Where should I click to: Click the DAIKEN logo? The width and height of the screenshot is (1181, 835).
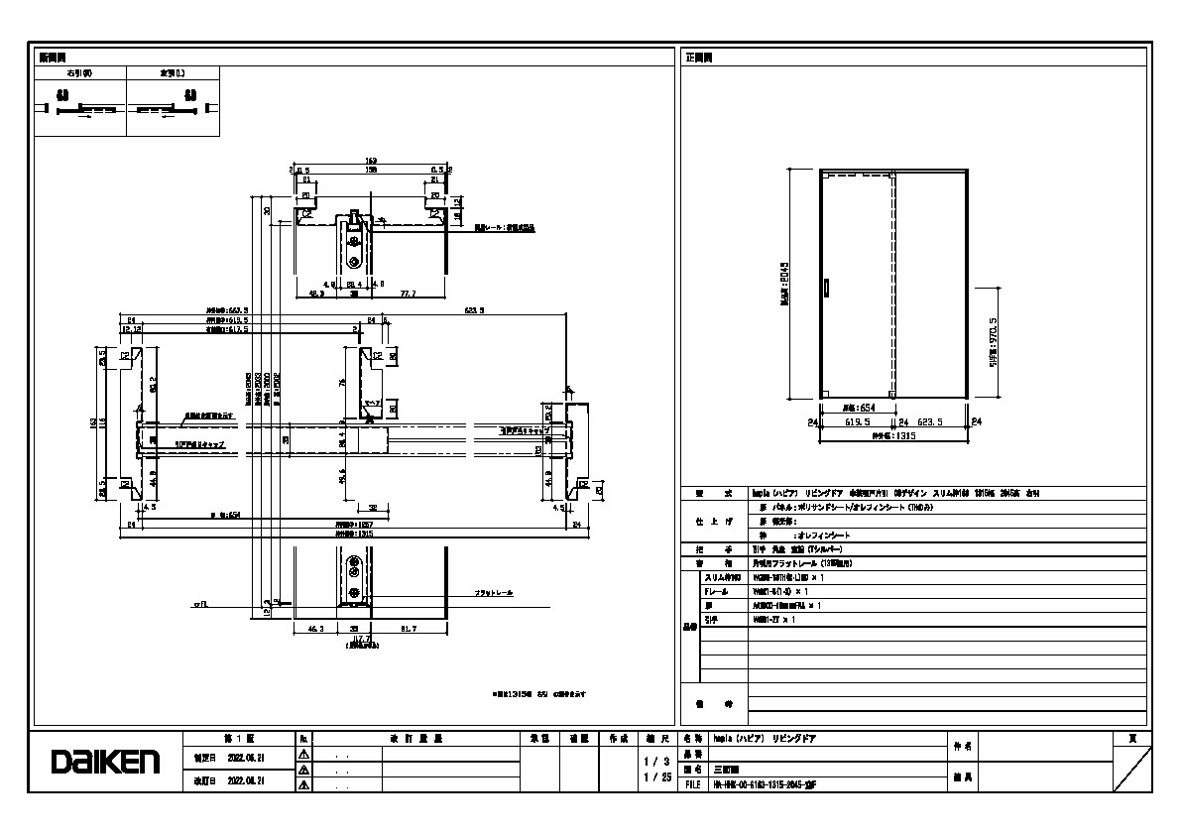[x=106, y=762]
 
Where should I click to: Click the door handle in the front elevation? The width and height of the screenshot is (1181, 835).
[x=827, y=288]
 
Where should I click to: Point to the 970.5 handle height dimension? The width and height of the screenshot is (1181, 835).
[x=993, y=341]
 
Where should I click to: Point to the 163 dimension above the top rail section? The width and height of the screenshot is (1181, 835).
[x=372, y=160]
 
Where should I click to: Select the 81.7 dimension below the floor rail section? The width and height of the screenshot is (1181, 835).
[x=409, y=629]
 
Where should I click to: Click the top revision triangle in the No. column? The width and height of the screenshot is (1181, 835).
[x=304, y=755]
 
